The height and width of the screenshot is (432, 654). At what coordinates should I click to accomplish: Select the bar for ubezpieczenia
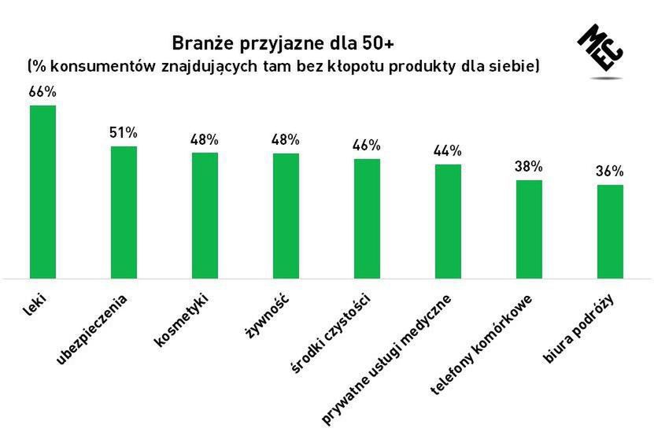pyautogui.click(x=124, y=212)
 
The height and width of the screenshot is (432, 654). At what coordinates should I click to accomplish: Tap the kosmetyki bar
pyautogui.click(x=205, y=215)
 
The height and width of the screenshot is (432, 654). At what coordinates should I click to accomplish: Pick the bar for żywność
pyautogui.click(x=286, y=215)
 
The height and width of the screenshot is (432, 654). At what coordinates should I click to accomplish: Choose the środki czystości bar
pyautogui.click(x=367, y=218)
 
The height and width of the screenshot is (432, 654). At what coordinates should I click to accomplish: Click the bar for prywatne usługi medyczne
pyautogui.click(x=448, y=220)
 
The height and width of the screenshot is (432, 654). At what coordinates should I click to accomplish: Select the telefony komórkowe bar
pyautogui.click(x=529, y=229)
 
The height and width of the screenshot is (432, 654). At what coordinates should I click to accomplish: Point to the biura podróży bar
pyautogui.click(x=610, y=231)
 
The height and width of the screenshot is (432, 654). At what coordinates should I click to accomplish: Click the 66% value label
pyautogui.click(x=42, y=92)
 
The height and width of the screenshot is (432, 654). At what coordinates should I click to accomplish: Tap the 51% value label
pyautogui.click(x=124, y=132)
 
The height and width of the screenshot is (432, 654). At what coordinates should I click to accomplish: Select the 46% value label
pyautogui.click(x=367, y=145)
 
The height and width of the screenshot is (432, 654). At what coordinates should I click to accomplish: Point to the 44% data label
pyautogui.click(x=448, y=150)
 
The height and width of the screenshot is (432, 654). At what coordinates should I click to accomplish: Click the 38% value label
pyautogui.click(x=529, y=166)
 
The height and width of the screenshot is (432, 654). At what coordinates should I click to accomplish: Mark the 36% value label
pyautogui.click(x=610, y=171)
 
